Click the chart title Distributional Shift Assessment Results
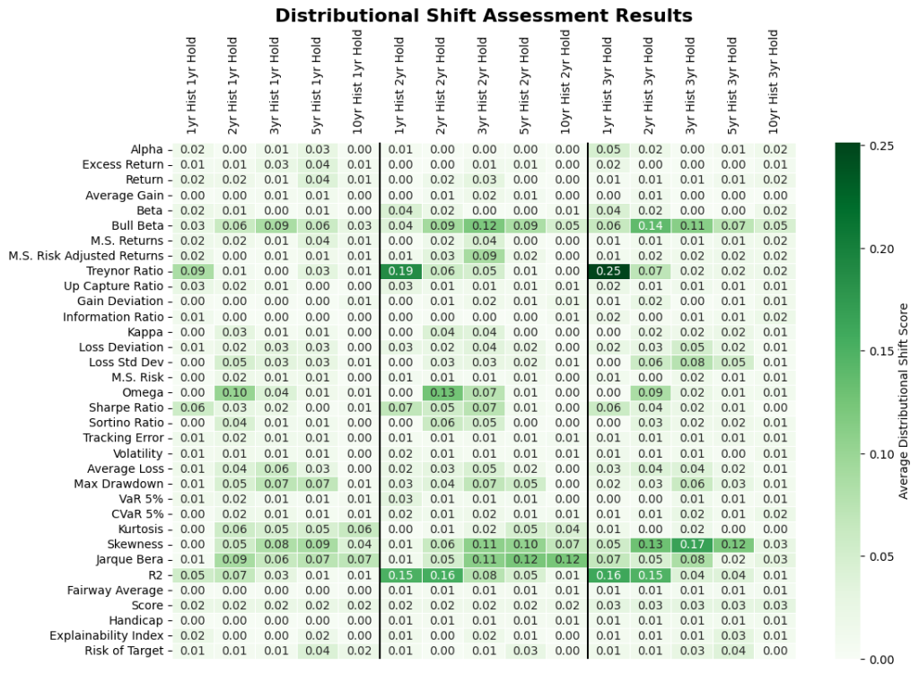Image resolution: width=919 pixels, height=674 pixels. pyautogui.click(x=484, y=15)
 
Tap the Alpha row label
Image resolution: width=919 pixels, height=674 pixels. pyautogui.click(x=146, y=149)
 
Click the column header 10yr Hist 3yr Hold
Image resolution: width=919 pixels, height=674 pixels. pyautogui.click(x=774, y=82)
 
